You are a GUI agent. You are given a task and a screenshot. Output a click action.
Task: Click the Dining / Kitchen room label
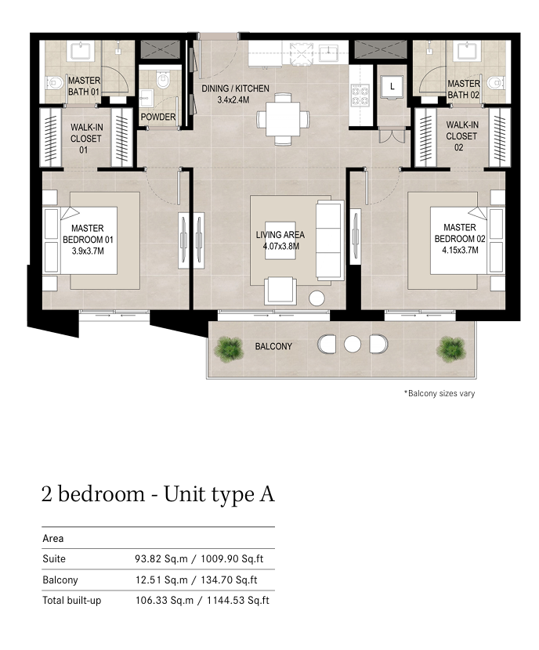[x=235, y=94]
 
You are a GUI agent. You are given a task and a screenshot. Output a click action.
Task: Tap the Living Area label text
[x=280, y=240]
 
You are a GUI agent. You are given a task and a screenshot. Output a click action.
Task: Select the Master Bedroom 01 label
[x=88, y=240]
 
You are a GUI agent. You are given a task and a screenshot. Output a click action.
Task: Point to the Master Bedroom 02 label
[x=460, y=239]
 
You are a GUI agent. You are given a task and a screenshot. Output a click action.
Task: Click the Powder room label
[x=158, y=117]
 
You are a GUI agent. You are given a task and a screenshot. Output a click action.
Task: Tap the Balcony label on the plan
[x=273, y=346]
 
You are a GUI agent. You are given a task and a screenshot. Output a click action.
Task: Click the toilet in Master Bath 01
[x=54, y=83]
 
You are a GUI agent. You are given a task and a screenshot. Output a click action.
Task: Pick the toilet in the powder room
[x=163, y=80]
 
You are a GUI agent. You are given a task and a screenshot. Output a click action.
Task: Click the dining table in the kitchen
[x=283, y=119]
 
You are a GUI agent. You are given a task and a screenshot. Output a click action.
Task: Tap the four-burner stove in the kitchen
[x=360, y=96]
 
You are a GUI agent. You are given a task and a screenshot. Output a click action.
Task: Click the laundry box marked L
[x=392, y=88]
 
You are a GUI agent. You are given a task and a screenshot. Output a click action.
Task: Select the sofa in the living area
[x=330, y=240]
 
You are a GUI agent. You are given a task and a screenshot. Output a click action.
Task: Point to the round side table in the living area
[x=317, y=298]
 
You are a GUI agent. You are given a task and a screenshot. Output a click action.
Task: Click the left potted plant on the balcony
[x=229, y=349]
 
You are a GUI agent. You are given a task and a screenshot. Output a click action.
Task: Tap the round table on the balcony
[x=353, y=344]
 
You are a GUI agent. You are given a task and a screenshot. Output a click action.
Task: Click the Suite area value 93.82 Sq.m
[x=161, y=559]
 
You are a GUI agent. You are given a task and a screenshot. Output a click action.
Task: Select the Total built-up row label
[x=72, y=601]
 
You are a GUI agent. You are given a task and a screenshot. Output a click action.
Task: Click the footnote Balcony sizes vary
[x=440, y=393]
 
